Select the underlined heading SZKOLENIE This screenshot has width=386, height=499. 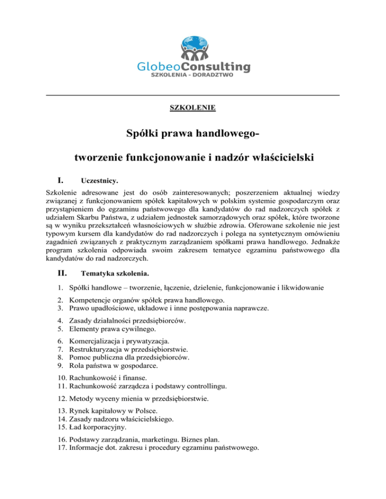point(193,107)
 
